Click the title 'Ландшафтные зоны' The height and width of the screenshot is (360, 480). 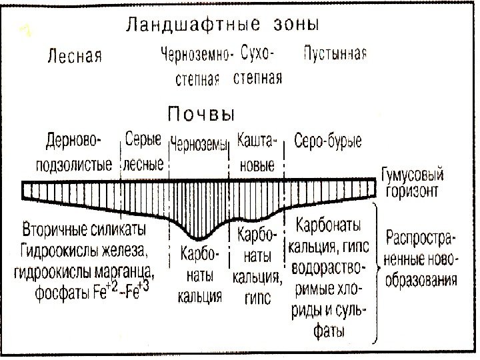pyautogui.click(x=223, y=25)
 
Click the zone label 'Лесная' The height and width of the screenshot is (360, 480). pyautogui.click(x=74, y=56)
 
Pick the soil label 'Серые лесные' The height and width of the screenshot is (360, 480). pyautogui.click(x=143, y=153)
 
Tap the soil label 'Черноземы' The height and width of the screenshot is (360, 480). pyautogui.click(x=199, y=143)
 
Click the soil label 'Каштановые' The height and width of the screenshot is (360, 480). pyautogui.click(x=257, y=153)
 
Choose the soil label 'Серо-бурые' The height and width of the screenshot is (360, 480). pyautogui.click(x=328, y=142)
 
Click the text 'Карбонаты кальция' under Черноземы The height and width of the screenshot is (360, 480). pyautogui.click(x=199, y=274)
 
